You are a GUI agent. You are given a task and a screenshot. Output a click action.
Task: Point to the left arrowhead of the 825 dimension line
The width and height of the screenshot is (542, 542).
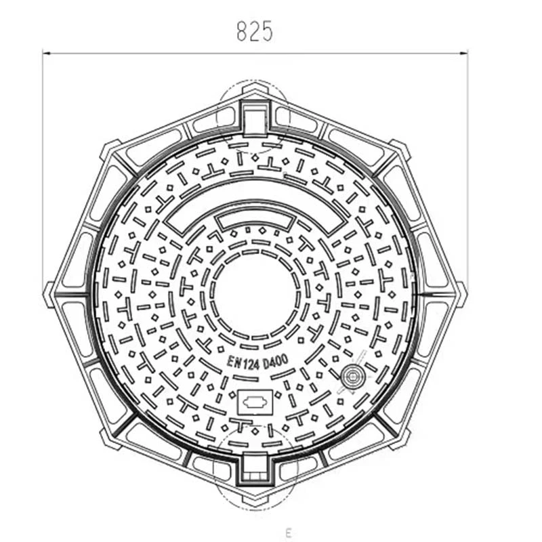coord(46,51)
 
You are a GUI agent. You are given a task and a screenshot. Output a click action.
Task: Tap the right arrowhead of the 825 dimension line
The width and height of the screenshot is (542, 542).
coord(465,51)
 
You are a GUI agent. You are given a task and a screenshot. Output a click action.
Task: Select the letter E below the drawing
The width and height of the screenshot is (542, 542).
coord(288,532)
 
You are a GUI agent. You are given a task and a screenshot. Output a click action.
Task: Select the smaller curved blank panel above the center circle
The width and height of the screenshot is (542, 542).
coord(255,221)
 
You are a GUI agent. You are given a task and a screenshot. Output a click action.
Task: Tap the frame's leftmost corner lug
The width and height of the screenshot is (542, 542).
coord(49,294)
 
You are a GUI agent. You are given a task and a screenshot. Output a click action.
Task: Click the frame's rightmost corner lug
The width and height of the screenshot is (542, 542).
coord(461,294)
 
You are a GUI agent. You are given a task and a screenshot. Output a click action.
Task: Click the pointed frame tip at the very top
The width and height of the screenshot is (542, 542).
coord(255,87)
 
